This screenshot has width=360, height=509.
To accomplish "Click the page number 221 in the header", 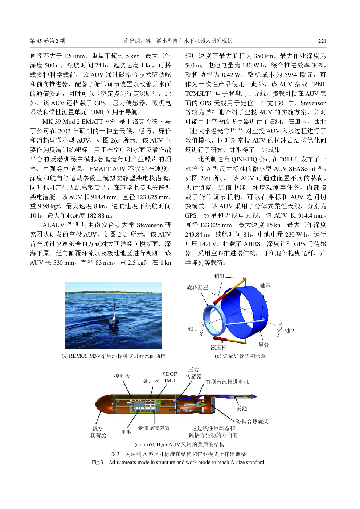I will click(x=322, y=41).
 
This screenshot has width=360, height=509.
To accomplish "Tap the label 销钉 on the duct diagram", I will click(x=220, y=276).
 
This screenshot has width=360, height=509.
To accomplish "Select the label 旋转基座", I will click(x=197, y=287).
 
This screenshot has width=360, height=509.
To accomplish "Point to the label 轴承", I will click(x=265, y=286).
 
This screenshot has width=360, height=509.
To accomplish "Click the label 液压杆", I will click(x=218, y=348).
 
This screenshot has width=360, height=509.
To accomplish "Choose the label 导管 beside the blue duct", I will click(x=264, y=345).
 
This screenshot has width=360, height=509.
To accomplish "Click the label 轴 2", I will click(x=289, y=331).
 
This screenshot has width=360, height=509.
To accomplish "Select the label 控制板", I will click(x=122, y=376).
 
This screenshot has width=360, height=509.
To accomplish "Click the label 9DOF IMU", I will click(x=170, y=377).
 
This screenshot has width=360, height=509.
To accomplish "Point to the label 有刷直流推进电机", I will click(x=227, y=382).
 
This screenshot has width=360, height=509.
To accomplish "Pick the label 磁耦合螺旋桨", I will click(x=252, y=422).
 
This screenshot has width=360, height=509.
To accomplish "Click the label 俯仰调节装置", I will click(x=154, y=428).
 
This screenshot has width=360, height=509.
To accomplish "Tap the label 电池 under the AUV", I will click(x=126, y=432).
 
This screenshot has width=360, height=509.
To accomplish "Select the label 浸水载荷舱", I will click(x=98, y=432).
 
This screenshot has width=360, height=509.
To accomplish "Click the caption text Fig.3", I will click(x=97, y=462).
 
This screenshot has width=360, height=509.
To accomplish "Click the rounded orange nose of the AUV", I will click(x=100, y=404).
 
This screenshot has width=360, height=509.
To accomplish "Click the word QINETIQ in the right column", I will click(x=244, y=159).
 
